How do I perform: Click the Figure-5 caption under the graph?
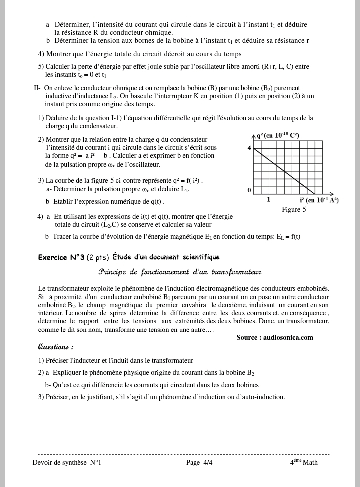294,210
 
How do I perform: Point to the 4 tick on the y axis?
249,148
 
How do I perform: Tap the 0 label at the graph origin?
249,190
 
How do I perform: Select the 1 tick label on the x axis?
268,200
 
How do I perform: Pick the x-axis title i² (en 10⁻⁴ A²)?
319,200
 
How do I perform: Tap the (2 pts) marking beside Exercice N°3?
98,257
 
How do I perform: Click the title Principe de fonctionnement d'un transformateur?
180,272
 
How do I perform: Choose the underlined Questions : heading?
56,347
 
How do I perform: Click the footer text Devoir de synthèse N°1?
67,462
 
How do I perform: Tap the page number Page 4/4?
199,462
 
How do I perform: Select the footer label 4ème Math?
304,462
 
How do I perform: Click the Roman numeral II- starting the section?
37,88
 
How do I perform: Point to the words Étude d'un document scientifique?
166,257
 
